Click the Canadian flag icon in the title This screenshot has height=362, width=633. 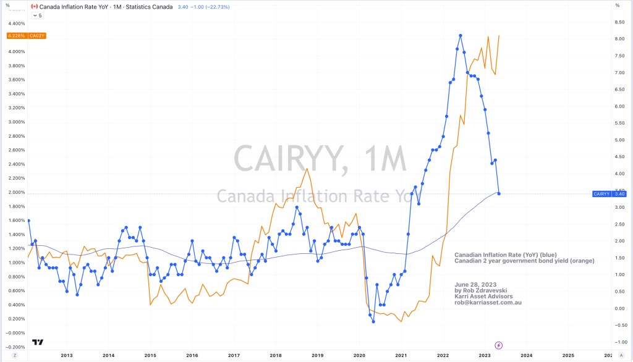pos(35,6)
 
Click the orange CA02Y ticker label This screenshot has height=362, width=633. pos(38,36)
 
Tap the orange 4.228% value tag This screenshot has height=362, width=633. pos(16,36)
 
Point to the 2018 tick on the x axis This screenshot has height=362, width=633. pos(276,355)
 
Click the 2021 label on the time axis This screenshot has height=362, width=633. pos(401,355)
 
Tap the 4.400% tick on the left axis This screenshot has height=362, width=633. pos(15,23)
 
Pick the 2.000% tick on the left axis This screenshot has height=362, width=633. pos(15,192)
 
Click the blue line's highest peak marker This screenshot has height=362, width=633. pos(461,35)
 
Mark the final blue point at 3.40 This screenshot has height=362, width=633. pos(499,194)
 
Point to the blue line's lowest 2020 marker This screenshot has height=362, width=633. pos(373,322)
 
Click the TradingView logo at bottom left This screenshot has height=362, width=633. pos(38,342)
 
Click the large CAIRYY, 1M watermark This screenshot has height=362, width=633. pos(320,159)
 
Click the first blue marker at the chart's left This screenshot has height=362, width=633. pos(28,221)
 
